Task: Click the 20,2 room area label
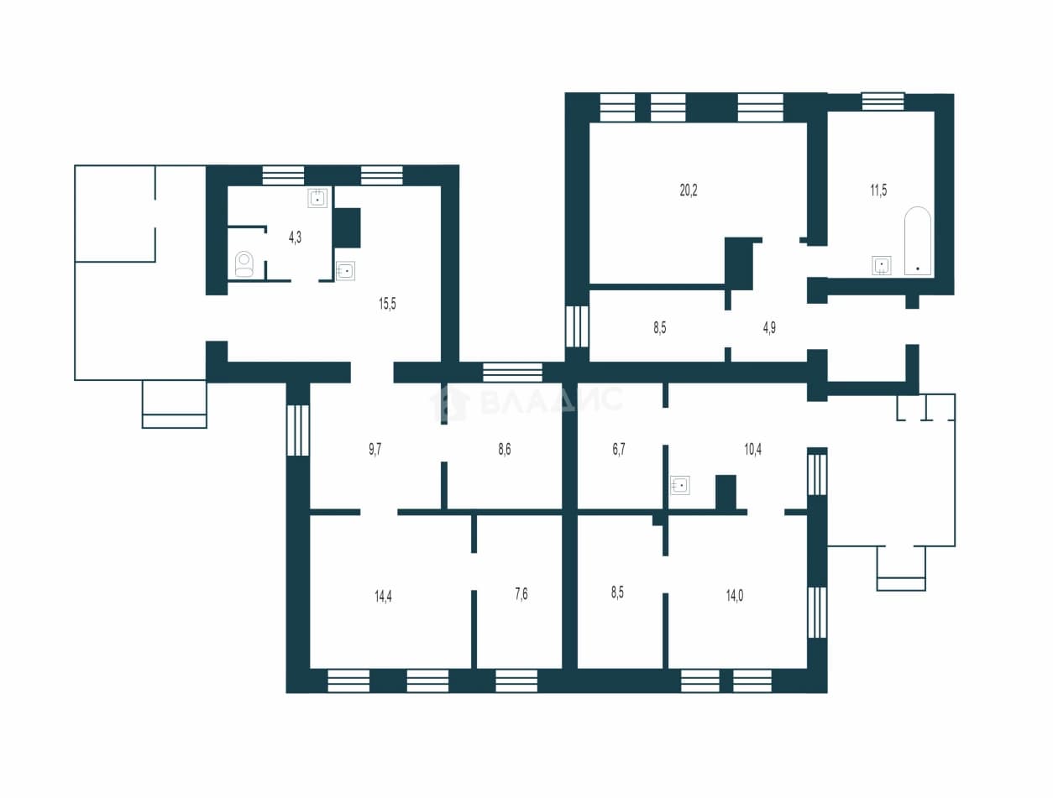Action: [x=689, y=190]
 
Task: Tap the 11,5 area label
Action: [x=878, y=190]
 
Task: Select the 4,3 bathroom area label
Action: [x=295, y=237]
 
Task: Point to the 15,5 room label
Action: [x=387, y=304]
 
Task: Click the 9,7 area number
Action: [x=375, y=450]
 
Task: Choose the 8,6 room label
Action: [x=504, y=450]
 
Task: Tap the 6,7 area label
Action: [x=619, y=450]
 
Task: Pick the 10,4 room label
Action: [x=752, y=450]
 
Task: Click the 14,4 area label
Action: [x=383, y=597]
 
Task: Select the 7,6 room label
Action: [x=521, y=594]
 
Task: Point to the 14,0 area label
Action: [x=735, y=596]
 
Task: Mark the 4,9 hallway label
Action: [x=769, y=328]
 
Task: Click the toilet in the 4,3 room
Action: [x=244, y=264]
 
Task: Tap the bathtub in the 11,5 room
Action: [x=917, y=241]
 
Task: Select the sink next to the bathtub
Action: [x=882, y=265]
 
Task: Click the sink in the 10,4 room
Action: [x=680, y=486]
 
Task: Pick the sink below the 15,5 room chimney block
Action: [x=345, y=271]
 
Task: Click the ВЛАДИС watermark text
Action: [x=552, y=400]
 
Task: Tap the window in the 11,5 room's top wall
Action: [x=883, y=102]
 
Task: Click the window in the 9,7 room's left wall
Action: [x=298, y=430]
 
